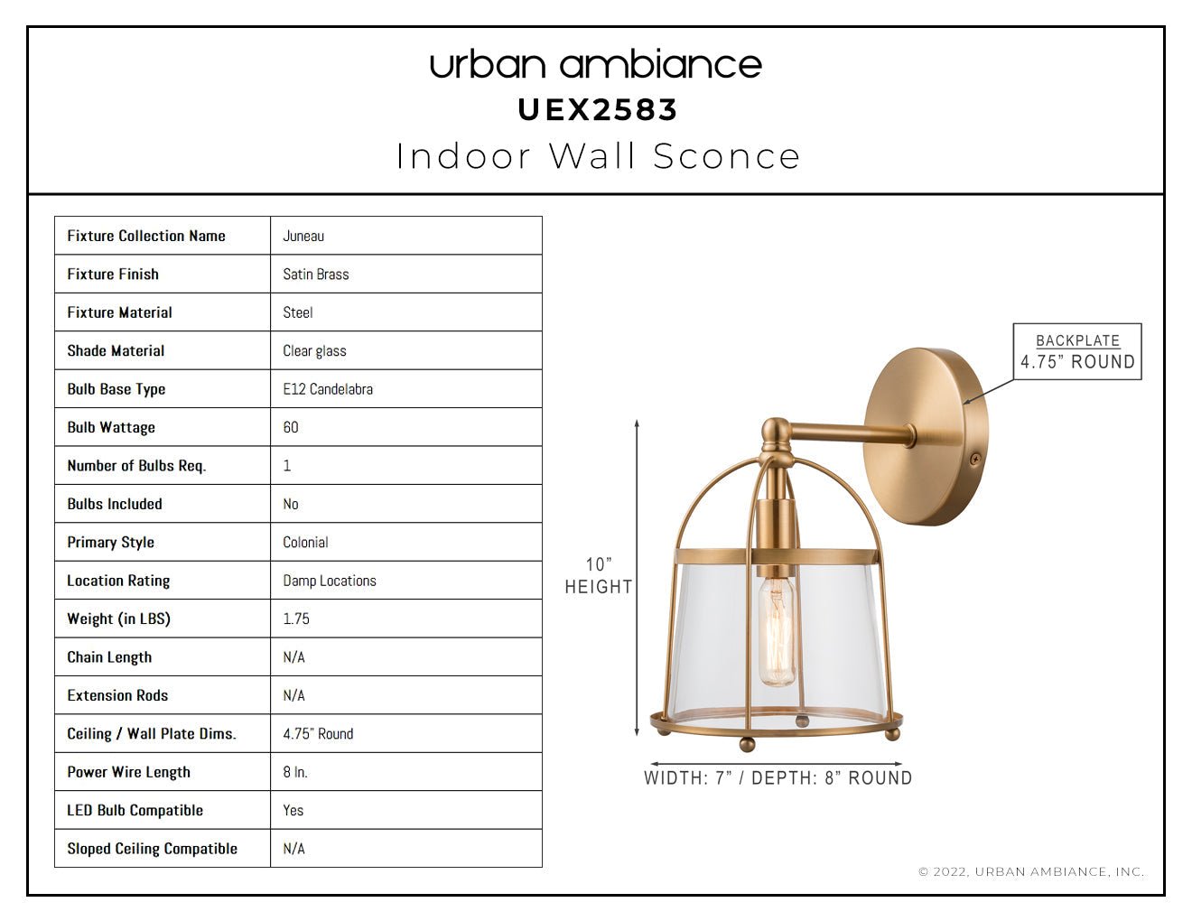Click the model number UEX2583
(x=598, y=110)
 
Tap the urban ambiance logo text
(x=596, y=65)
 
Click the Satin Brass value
(x=316, y=274)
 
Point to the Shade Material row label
(x=116, y=351)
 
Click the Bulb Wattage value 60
(x=291, y=427)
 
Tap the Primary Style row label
(x=111, y=543)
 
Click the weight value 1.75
(x=296, y=619)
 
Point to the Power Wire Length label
(x=129, y=772)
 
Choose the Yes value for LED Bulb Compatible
(x=293, y=810)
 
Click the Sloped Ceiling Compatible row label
(x=153, y=849)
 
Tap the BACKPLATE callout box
(x=1077, y=351)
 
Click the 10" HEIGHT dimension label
(x=599, y=575)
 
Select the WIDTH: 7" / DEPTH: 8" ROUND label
(x=778, y=778)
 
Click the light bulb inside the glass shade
(x=777, y=631)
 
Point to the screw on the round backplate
(x=974, y=459)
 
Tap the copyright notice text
(x=1031, y=871)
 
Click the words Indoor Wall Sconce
(x=598, y=156)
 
